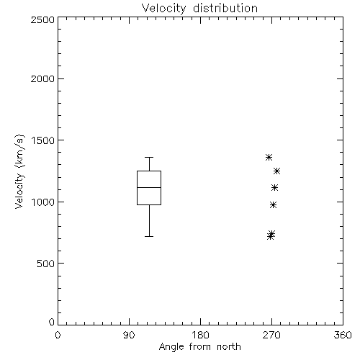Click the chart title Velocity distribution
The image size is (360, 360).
coord(199,9)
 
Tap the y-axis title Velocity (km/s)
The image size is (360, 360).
coord(19,171)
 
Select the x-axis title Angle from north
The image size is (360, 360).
coord(200,347)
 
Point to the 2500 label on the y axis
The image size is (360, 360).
coord(42,19)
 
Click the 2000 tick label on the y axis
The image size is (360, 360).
coord(42,78)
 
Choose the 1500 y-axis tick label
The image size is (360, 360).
coord(43,140)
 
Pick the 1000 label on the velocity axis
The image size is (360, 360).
coord(43,202)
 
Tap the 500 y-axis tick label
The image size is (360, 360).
coord(46,264)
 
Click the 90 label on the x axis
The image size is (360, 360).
coord(129,335)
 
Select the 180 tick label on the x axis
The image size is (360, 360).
coord(200,335)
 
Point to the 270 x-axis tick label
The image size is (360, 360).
coord(271,335)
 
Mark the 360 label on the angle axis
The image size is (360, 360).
coord(343,335)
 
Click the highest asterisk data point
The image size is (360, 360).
coord(269,158)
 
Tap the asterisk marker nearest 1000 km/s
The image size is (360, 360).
coord(273,205)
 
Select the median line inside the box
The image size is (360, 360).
coord(149,187)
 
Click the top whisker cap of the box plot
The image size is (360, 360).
coord(149,158)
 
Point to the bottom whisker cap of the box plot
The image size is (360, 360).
coord(149,237)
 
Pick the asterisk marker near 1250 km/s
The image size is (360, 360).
coord(276,171)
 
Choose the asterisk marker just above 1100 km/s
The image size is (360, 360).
coord(274,188)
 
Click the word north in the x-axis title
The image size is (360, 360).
coord(229,347)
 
